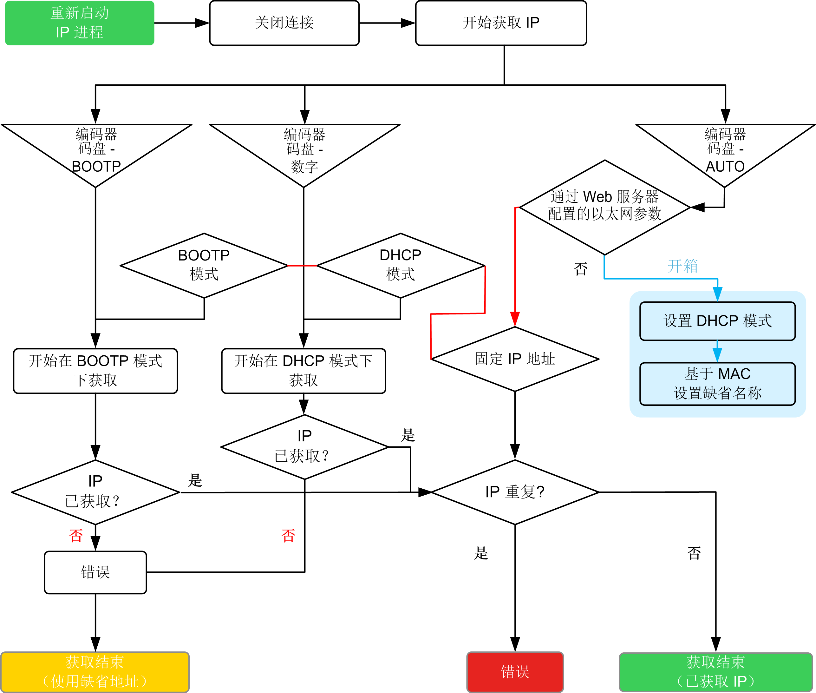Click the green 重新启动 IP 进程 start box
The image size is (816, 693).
coord(79,23)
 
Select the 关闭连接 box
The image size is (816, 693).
coord(284,23)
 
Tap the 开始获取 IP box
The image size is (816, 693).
coord(501,23)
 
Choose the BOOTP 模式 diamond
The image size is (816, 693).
coord(204,265)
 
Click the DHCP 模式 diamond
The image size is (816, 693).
coord(401,265)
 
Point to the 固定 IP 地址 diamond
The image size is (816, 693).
coord(514,359)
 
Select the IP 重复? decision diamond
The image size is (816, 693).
coord(514,492)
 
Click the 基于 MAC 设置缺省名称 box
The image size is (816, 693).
coord(717,383)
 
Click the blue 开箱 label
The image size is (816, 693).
coord(682,266)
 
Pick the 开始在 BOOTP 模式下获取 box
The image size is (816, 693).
coord(95,371)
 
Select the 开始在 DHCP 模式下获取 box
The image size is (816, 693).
coord(304,371)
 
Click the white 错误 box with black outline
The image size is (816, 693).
coord(95,572)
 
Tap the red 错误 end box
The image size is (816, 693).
coord(515,672)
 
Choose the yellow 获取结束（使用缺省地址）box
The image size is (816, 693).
coord(95,672)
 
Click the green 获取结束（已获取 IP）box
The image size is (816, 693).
coord(715,672)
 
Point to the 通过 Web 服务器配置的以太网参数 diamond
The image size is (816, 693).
coord(604,207)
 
